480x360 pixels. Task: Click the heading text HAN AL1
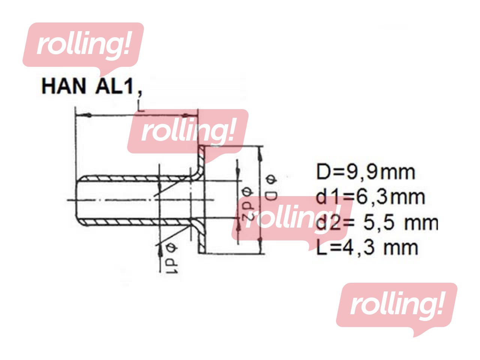pos(88,86)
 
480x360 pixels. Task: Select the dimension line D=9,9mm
pos(366,172)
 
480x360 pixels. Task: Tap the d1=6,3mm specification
pos(370,197)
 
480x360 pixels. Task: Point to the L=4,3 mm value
pos(367,248)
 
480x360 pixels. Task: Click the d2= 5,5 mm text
pos(377,222)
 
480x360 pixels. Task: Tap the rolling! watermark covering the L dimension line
pos(187,131)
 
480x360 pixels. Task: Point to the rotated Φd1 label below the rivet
pos(172,258)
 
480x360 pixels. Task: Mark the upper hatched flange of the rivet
pos(202,161)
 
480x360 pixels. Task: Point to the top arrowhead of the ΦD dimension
pos(260,150)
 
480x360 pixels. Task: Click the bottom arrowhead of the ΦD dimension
pos(260,249)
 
